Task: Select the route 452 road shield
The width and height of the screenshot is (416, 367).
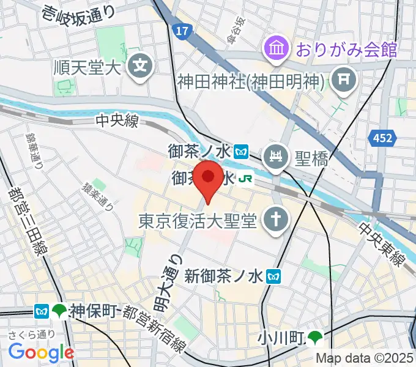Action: coord(382,139)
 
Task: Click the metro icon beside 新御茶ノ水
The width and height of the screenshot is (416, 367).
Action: coord(274,276)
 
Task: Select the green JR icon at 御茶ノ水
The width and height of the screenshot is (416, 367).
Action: coord(246,179)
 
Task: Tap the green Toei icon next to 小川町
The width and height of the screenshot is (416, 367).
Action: coord(316,337)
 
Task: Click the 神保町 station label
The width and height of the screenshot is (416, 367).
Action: coord(92,311)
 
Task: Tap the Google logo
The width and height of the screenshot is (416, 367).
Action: coord(41,352)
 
